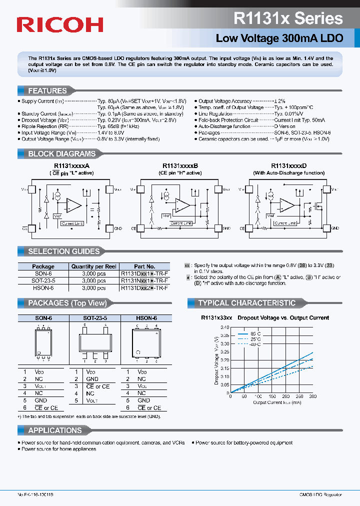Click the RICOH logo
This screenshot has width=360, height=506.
coord(59,24)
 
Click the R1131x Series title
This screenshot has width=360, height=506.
coord(288,18)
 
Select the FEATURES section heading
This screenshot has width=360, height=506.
coord(47,91)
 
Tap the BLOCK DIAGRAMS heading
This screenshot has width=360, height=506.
coord(61,154)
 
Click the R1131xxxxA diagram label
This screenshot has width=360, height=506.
coord(71,165)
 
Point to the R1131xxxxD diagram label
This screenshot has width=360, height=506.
coord(288,165)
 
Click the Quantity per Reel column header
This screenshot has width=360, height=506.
coord(93,266)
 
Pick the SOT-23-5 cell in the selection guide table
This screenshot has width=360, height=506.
coord(43,281)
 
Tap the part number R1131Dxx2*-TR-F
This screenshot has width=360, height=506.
coord(144,288)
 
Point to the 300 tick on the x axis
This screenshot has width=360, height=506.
coord(313,396)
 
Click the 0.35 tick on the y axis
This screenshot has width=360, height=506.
coord(224,335)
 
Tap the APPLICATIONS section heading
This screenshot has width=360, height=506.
coord(54,430)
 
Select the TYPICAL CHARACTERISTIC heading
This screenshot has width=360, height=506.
coord(246,303)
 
